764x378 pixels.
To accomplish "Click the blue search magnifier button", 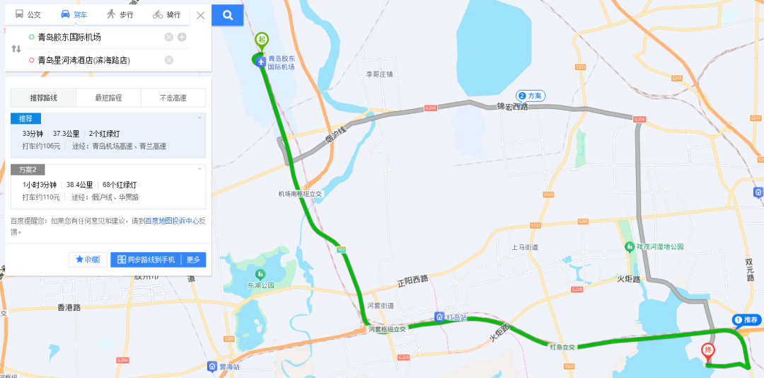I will [227, 15].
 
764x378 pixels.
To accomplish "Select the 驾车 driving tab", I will [74, 15].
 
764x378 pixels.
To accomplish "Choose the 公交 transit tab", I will [28, 15].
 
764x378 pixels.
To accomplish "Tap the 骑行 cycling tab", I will [167, 15].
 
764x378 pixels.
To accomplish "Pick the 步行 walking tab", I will [120, 15].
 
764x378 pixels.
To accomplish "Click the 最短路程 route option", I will [108, 98].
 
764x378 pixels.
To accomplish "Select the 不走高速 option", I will [173, 98].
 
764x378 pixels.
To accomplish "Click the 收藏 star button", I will [87, 260].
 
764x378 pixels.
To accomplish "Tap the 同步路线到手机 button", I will [146, 260].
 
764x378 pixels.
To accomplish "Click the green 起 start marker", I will [262, 40].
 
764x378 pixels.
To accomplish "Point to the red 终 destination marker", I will [707, 350].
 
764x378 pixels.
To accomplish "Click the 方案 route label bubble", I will [531, 96].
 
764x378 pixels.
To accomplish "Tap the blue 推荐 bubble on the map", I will [746, 320].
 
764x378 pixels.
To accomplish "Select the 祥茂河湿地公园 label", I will [659, 246].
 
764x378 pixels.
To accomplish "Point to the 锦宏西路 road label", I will [512, 107].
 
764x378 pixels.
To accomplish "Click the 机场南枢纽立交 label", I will [300, 193].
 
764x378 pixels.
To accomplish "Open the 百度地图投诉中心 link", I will [171, 221].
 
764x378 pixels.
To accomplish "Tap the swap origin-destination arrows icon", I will [16, 49].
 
